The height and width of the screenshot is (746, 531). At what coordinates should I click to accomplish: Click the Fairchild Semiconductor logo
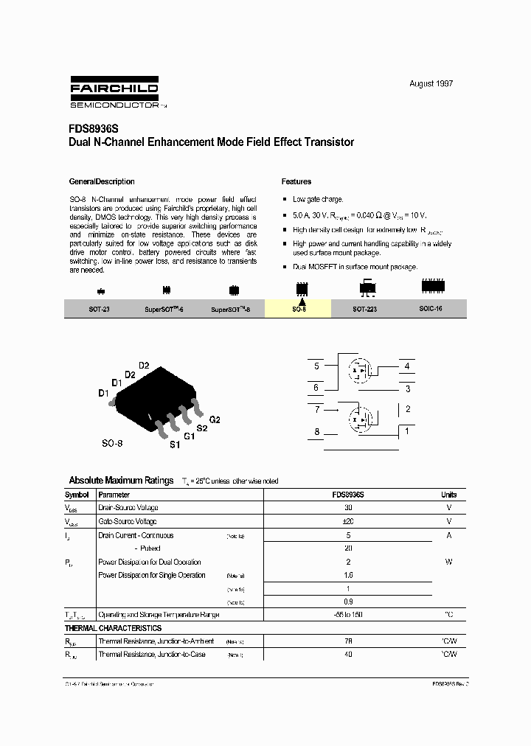(114, 93)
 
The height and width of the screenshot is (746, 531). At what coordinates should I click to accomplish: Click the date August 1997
(431, 83)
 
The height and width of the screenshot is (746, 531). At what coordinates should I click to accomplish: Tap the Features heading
(296, 181)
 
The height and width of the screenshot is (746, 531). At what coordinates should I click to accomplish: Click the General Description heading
(102, 181)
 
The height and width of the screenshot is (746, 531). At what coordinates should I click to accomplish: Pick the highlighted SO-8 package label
(298, 310)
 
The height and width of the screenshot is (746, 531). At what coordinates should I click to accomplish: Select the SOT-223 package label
(364, 310)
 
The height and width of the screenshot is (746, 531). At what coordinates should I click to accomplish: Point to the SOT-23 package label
(99, 310)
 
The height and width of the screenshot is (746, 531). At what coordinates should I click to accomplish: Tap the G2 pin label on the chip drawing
(215, 419)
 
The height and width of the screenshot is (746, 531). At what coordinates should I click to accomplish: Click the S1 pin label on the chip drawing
(175, 445)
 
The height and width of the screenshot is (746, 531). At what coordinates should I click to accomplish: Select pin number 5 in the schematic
(316, 366)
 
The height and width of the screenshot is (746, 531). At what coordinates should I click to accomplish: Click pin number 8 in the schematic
(317, 432)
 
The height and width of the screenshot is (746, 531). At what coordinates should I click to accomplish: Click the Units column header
(448, 495)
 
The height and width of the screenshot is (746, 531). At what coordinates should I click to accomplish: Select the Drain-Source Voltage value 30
(348, 508)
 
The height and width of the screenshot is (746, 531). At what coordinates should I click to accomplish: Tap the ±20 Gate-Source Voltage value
(348, 521)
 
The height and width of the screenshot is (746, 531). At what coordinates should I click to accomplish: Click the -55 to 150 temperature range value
(348, 615)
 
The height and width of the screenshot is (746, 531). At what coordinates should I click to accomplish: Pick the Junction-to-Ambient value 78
(348, 641)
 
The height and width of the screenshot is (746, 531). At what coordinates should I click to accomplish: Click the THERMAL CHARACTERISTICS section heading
(113, 628)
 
